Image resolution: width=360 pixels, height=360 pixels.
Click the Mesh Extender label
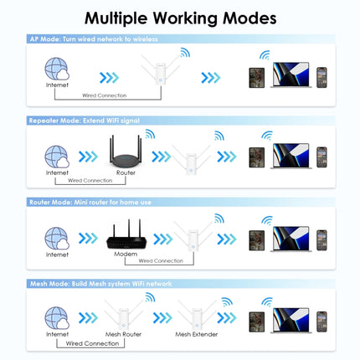[195, 333]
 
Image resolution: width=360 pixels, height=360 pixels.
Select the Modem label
[126, 254]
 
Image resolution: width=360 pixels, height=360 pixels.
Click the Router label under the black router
[126, 172]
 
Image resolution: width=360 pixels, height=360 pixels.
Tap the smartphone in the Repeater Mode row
[321, 157]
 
